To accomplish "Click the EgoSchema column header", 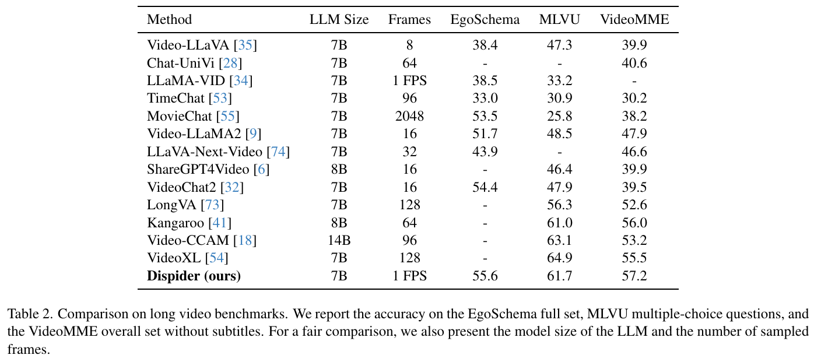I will click(x=485, y=20).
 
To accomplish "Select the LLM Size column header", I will click(x=339, y=20).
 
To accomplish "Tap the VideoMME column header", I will click(x=635, y=20).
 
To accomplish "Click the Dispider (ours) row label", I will click(x=194, y=276).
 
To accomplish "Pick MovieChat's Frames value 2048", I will click(x=409, y=116).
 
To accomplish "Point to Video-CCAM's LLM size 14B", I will click(x=339, y=240).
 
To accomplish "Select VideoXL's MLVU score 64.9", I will click(x=560, y=258).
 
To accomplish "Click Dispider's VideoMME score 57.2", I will click(x=634, y=276).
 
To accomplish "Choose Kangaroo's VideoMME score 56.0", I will click(x=634, y=223).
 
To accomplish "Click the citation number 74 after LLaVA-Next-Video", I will click(x=278, y=152).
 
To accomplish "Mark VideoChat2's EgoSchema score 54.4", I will click(x=485, y=187).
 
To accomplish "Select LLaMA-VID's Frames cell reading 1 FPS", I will click(x=409, y=80).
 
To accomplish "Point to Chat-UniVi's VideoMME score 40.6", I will click(x=634, y=63).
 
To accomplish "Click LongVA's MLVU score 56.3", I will click(x=560, y=205).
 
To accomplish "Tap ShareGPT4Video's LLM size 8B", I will click(x=339, y=169).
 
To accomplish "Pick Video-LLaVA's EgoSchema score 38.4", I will click(x=485, y=45).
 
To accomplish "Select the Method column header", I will click(x=169, y=20).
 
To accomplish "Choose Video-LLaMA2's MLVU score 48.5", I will click(x=560, y=133).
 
